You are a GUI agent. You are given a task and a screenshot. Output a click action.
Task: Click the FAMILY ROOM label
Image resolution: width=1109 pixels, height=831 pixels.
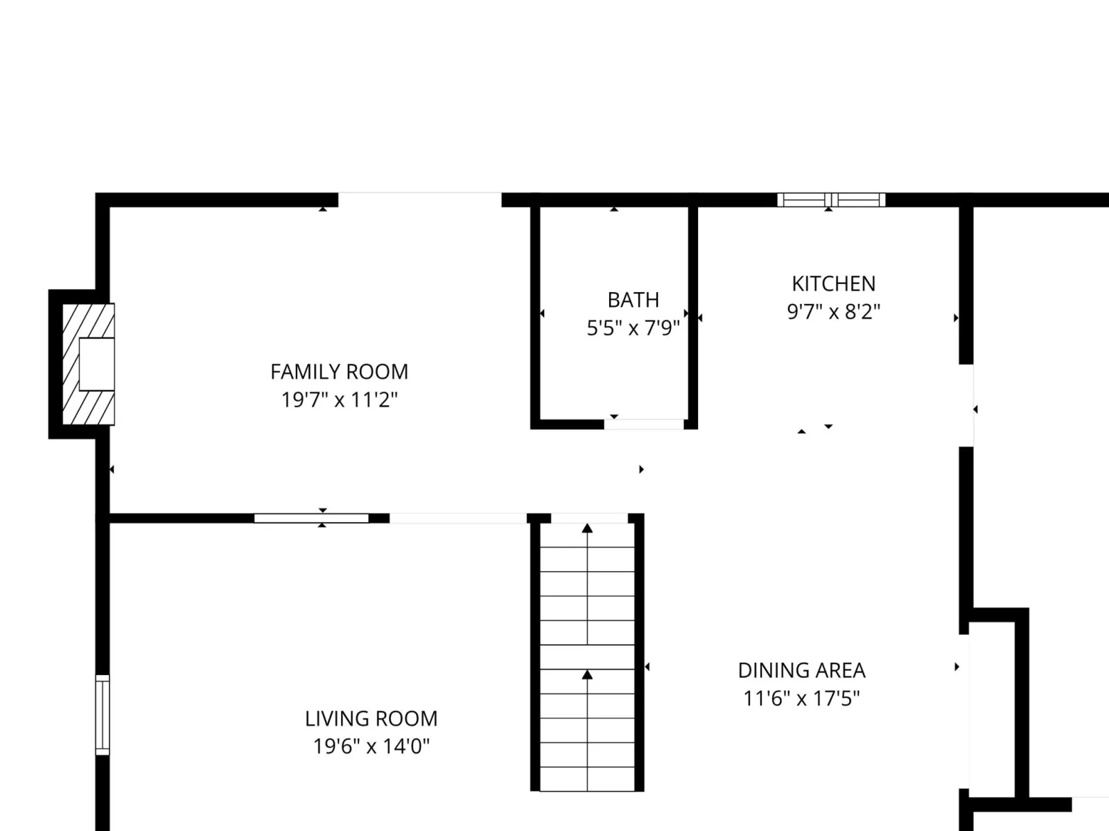click(x=339, y=372)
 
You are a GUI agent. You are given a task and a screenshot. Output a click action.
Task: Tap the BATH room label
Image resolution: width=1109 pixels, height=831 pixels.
click(x=633, y=301)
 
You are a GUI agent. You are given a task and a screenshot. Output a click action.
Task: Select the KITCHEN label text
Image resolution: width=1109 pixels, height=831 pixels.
click(x=834, y=284)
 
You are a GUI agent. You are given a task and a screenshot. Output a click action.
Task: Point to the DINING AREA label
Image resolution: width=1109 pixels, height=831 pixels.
click(x=802, y=670)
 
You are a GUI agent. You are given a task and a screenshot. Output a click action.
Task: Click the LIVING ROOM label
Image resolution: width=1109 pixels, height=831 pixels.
click(x=371, y=719)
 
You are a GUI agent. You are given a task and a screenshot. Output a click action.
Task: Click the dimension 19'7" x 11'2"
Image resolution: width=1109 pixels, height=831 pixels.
click(x=339, y=400)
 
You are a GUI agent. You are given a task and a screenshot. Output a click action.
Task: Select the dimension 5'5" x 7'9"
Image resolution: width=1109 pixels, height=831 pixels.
click(x=633, y=328)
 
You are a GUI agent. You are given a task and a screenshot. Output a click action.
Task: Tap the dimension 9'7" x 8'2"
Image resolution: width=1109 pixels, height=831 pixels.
click(x=834, y=312)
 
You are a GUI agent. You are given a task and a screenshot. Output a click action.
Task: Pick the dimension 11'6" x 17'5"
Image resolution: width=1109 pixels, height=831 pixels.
click(x=802, y=699)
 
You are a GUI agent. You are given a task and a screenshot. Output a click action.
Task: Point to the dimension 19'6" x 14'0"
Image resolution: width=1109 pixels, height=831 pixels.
click(x=371, y=747)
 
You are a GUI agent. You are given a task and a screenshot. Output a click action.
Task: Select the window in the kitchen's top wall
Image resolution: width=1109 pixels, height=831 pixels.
click(x=831, y=200)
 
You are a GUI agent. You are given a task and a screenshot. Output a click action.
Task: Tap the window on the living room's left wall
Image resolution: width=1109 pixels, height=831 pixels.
click(x=103, y=715)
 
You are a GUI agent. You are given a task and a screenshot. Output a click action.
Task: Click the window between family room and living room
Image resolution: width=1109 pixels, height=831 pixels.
click(x=311, y=518)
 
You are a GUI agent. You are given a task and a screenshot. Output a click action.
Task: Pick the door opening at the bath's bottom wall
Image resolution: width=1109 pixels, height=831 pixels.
click(x=644, y=425)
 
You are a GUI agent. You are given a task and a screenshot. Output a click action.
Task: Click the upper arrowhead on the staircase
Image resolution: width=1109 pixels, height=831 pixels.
click(x=587, y=528)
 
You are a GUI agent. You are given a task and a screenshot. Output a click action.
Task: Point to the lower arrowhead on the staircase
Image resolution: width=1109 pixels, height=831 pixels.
click(x=587, y=674)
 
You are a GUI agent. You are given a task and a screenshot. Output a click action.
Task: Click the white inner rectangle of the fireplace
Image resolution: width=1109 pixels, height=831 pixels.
click(x=96, y=364)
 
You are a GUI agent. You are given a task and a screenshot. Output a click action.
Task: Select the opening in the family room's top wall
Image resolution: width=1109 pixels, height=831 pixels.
click(x=420, y=200)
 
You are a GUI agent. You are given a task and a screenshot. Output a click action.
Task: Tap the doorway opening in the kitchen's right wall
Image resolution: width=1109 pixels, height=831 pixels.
click(x=966, y=405)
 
